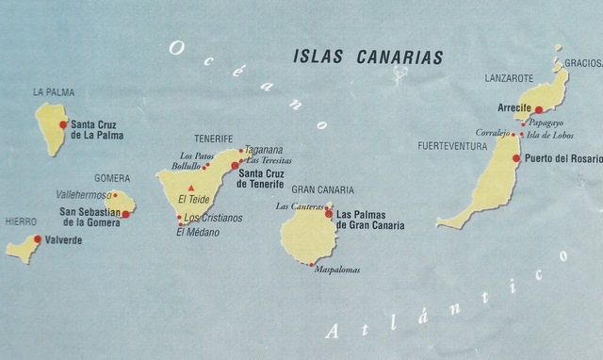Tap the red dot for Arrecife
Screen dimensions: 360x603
[x=539, y=109]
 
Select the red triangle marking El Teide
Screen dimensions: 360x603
[x=191, y=188]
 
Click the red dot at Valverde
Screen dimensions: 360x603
[x=38, y=239]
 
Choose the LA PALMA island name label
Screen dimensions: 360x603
[x=53, y=92]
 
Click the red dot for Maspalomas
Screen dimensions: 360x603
[x=311, y=265]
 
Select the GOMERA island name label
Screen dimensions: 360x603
[x=111, y=178]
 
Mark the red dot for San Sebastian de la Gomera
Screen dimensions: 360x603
[x=125, y=214]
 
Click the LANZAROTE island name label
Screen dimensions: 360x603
[x=509, y=78]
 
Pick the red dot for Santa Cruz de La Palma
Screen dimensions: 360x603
[x=63, y=124]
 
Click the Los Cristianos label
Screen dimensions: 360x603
[x=214, y=218]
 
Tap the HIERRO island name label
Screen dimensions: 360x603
[x=21, y=221]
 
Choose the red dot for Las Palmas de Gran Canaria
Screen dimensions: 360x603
[x=329, y=214]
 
